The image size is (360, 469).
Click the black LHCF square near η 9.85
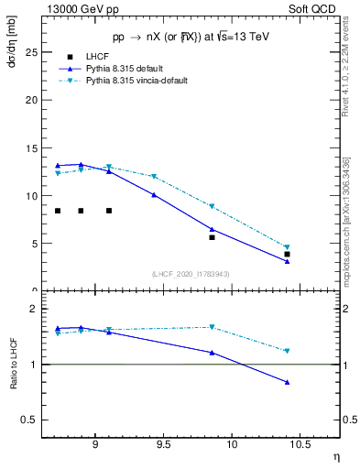tap(212, 237)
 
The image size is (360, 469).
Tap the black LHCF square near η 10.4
tap(287, 254)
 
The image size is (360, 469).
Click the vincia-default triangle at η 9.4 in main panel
tap(154, 176)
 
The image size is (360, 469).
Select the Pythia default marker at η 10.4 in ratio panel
tap(287, 382)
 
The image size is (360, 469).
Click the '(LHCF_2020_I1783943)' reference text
tap(191, 274)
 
